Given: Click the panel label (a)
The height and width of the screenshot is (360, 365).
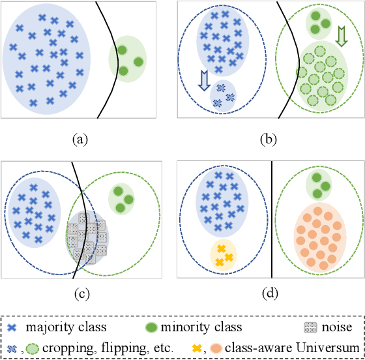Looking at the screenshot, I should [80, 138].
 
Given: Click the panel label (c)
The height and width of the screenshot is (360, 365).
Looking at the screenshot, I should [81, 293].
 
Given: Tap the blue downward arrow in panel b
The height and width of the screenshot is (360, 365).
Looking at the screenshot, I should [203, 78].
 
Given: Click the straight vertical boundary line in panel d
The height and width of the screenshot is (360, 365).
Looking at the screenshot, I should [271, 222].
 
